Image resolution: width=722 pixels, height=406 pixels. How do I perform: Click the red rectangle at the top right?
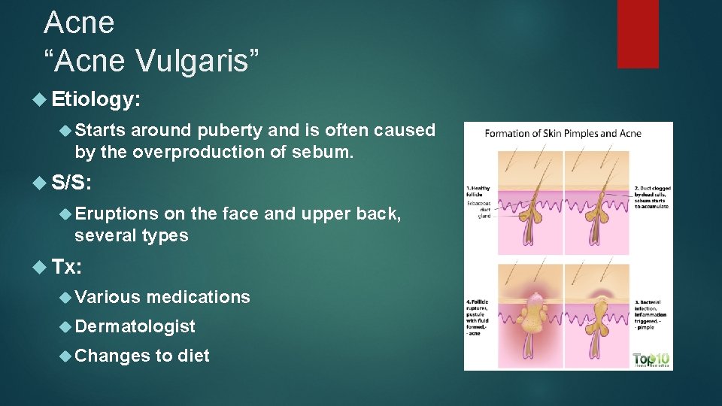tap(637, 33)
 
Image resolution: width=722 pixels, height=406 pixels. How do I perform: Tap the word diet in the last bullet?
tap(193, 356)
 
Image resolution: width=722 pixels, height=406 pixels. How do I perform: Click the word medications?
tap(198, 297)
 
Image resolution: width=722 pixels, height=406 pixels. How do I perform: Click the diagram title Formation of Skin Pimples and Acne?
tap(563, 134)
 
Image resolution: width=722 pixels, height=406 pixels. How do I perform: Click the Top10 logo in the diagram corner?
tap(651, 359)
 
